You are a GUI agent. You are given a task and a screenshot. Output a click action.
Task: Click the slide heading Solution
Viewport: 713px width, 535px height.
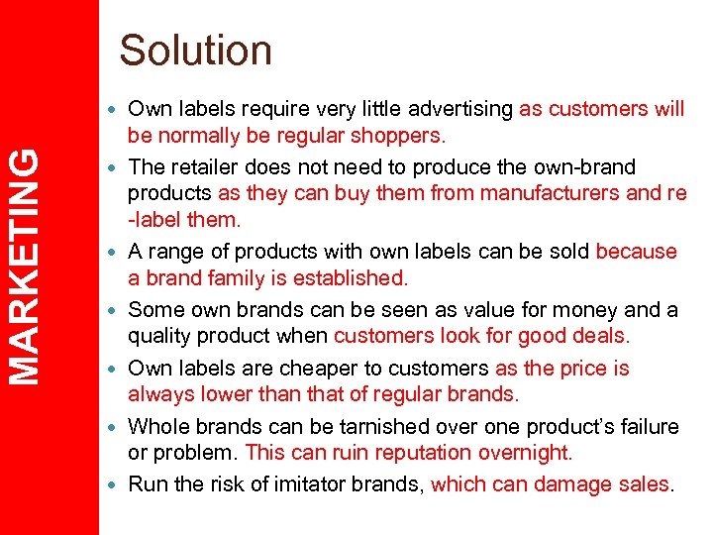click(195, 50)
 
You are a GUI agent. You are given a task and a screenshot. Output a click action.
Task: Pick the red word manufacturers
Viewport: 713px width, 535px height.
click(553, 193)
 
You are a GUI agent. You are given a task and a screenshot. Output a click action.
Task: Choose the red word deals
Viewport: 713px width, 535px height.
click(597, 337)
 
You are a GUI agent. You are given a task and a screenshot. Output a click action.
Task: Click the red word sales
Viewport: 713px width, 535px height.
click(647, 484)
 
